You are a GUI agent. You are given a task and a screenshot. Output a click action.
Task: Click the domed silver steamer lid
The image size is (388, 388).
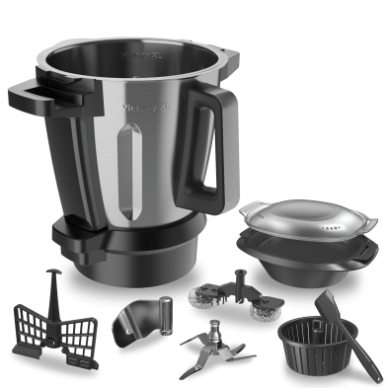coord(285,221)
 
